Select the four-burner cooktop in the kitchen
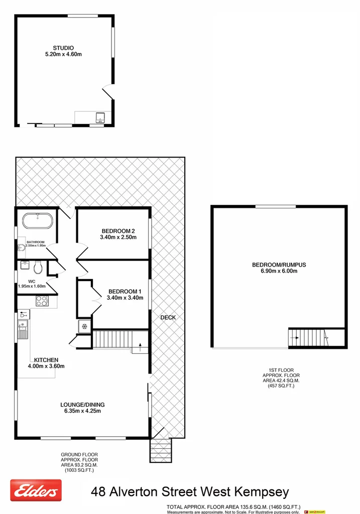point(42,301)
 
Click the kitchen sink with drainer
point(23,329)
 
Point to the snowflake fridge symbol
point(84,327)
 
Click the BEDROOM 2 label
point(118,231)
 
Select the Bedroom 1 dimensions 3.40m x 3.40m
point(125,298)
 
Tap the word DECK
point(168,317)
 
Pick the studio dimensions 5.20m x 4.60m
point(63,55)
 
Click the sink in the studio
point(100,118)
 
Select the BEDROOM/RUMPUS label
point(279,265)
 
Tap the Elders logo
point(36,490)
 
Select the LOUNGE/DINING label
point(82,404)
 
